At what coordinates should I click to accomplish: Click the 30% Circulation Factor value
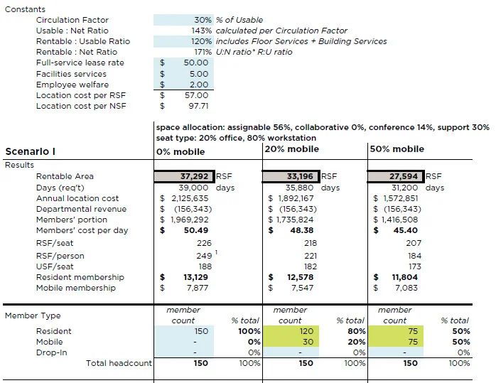click(x=203, y=20)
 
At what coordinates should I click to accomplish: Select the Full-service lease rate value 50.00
click(x=196, y=63)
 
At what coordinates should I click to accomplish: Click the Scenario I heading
click(x=30, y=151)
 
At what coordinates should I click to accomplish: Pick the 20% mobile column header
click(x=291, y=149)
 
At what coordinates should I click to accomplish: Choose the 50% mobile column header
click(x=397, y=149)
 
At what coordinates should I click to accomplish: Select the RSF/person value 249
click(x=204, y=256)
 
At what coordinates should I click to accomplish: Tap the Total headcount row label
click(x=119, y=363)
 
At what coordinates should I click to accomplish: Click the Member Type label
click(x=33, y=315)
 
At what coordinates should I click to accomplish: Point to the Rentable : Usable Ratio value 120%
click(x=203, y=41)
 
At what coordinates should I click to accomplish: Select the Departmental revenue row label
click(x=81, y=209)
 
